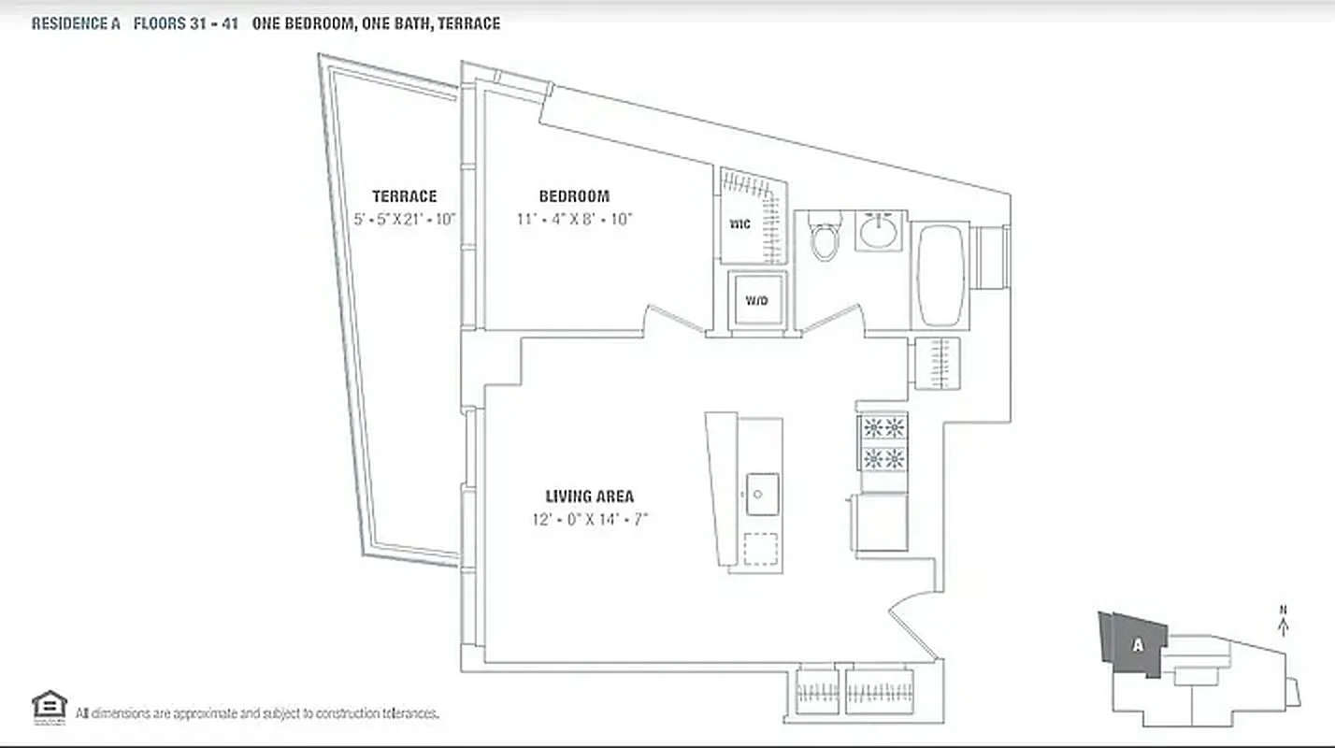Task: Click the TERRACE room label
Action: click(404, 196)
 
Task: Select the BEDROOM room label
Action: click(574, 196)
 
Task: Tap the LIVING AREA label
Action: click(589, 496)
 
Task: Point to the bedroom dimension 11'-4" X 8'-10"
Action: click(574, 220)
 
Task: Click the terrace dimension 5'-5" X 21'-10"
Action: click(404, 220)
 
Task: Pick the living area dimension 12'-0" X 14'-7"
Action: click(589, 519)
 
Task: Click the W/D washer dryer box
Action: click(756, 300)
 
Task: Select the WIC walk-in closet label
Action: click(740, 225)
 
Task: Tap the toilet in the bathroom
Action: click(825, 238)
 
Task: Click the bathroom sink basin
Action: click(880, 230)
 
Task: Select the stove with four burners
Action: click(883, 443)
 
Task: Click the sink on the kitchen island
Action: click(763, 491)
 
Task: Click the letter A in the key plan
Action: click(1137, 644)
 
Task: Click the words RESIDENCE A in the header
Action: click(76, 24)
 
